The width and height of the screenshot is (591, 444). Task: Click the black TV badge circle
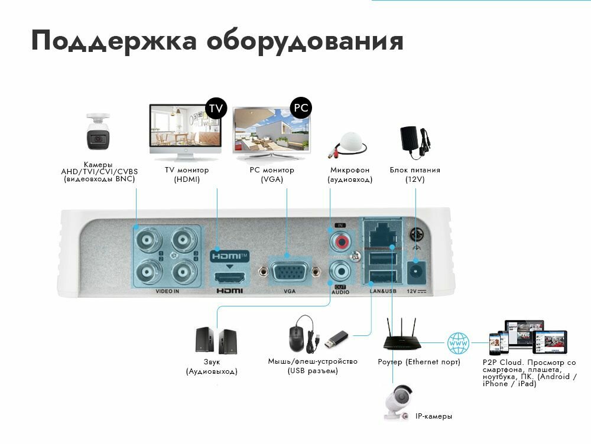click(216, 108)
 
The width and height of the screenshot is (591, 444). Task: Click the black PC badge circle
click(301, 108)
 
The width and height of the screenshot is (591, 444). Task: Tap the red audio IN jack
click(340, 240)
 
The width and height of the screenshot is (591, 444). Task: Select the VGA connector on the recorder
click(289, 273)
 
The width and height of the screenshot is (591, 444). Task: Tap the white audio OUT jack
click(340, 272)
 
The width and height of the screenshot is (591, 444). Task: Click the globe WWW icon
click(458, 342)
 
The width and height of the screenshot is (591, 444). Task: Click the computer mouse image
click(297, 337)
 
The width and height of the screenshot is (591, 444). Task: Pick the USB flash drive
click(335, 339)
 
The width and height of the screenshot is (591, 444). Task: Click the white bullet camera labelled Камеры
click(98, 133)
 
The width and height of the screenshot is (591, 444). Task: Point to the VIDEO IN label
click(167, 291)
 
